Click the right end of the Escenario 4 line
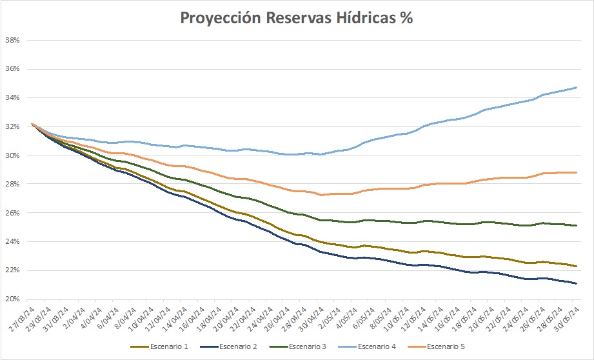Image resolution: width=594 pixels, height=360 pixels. (576, 88)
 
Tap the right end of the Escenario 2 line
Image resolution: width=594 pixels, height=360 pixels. (576, 283)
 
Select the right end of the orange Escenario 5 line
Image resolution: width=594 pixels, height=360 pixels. (576, 172)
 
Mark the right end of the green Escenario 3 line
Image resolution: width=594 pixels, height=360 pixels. (576, 225)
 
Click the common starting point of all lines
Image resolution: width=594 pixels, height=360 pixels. (32, 123)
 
